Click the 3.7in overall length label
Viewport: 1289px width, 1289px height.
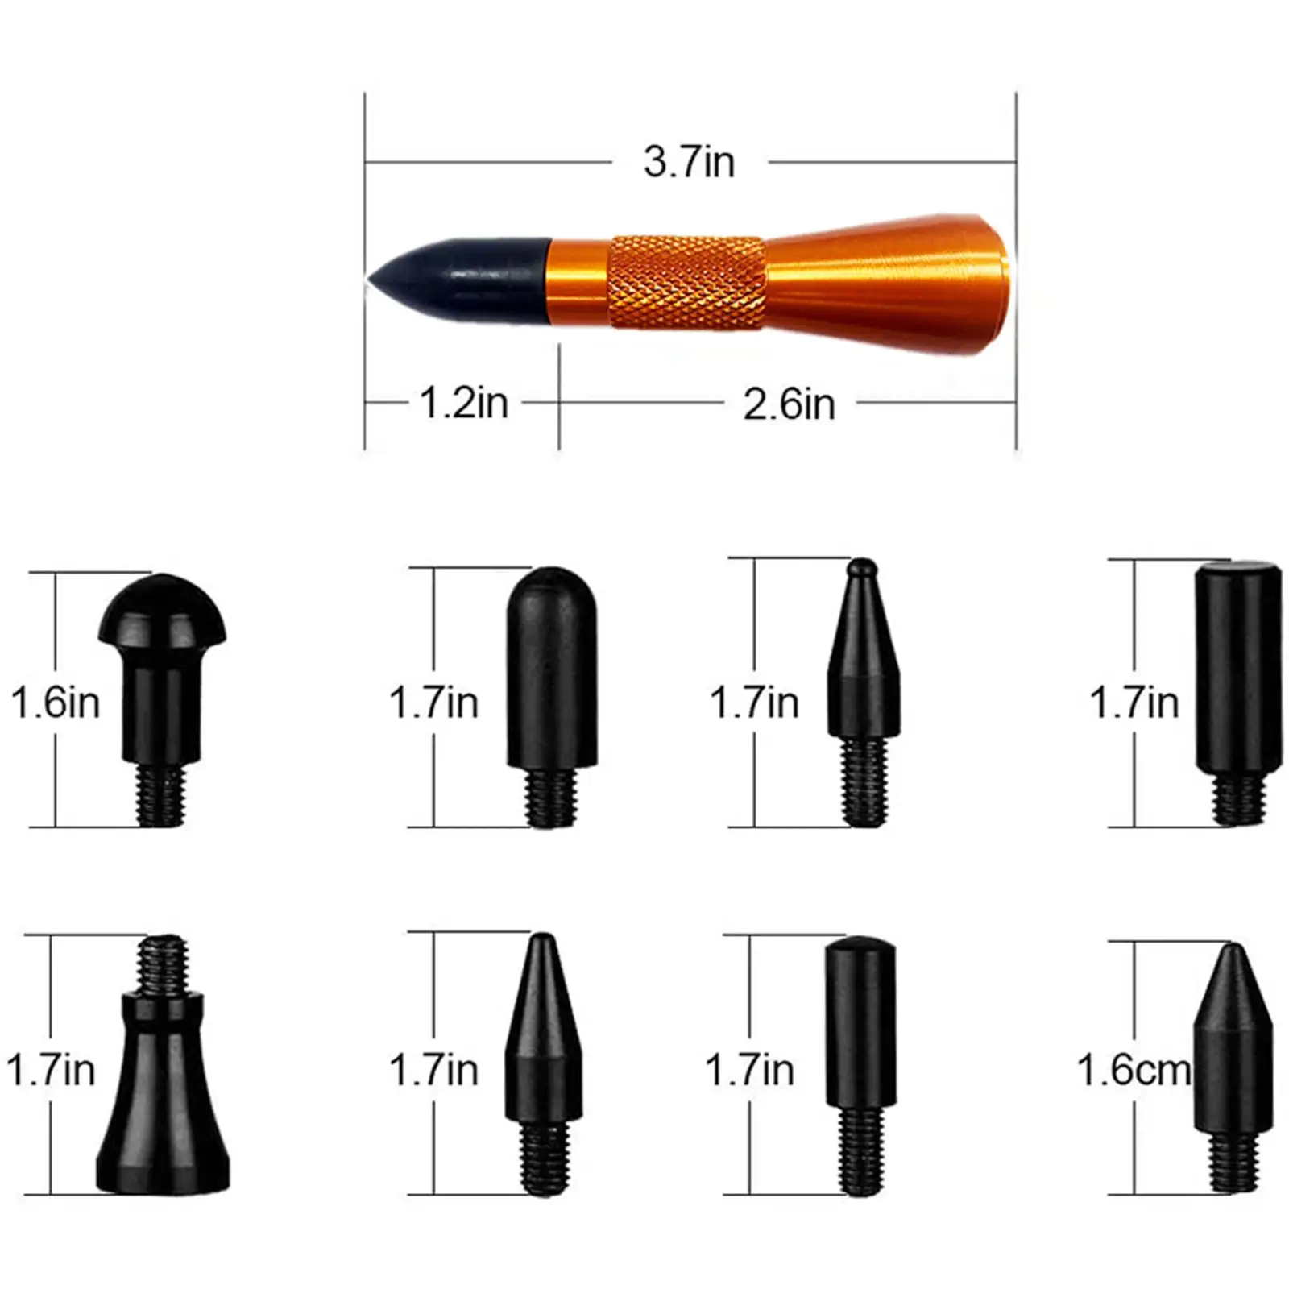point(689,162)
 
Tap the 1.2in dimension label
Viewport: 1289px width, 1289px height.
point(464,403)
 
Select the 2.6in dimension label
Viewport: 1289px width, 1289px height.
point(789,404)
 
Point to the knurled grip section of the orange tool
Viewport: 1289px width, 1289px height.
point(687,281)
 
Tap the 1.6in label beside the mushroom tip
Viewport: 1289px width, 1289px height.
point(56,703)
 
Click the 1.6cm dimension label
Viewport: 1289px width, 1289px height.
point(1134,1071)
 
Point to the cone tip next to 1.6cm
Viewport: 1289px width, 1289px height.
point(1233,1047)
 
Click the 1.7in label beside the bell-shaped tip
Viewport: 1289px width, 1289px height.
point(51,1071)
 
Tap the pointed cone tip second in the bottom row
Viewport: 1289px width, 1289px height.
point(542,1039)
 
